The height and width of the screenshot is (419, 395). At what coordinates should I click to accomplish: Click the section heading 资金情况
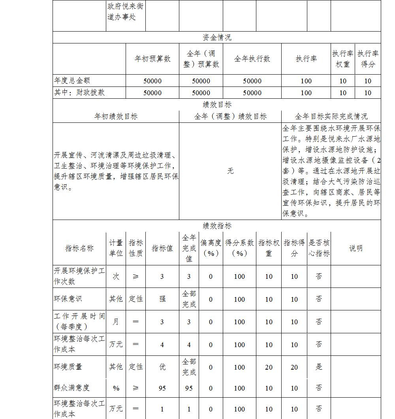[217, 38]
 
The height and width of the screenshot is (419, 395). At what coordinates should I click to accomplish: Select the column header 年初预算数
[152, 59]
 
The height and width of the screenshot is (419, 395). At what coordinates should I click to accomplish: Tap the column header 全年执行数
[252, 59]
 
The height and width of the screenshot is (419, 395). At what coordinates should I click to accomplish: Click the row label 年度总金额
[72, 81]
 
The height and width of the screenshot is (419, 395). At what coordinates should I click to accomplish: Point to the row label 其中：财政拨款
[79, 92]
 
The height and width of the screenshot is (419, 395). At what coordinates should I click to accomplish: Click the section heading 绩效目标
[217, 105]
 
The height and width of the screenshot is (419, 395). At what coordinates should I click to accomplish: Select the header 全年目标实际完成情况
[331, 116]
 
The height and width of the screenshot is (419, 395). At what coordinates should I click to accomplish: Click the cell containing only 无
[230, 171]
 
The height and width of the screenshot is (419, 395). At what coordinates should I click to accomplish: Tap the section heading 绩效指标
[217, 226]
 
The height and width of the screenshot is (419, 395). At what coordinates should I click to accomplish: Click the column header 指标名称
[79, 248]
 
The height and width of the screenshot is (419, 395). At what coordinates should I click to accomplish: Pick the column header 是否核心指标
[319, 248]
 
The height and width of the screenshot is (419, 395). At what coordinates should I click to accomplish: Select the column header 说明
[355, 248]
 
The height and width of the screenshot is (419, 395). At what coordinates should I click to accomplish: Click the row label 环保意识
[68, 299]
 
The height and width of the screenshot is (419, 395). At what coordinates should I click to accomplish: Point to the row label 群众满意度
[72, 388]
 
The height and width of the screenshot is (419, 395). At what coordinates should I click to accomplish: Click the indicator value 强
[162, 299]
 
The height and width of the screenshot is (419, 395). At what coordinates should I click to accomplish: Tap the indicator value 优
[162, 367]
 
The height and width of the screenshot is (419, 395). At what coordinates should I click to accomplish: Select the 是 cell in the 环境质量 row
[319, 367]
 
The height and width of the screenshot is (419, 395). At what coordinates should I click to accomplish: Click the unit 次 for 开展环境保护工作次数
[116, 276]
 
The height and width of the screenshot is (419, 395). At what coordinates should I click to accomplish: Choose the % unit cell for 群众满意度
[116, 388]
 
